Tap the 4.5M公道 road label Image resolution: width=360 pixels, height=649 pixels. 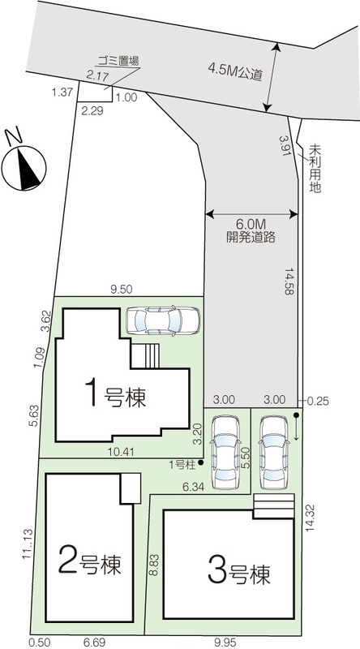(x=235, y=72)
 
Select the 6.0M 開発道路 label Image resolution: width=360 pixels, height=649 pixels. (x=251, y=231)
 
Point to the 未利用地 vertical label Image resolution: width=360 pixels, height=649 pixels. (x=315, y=169)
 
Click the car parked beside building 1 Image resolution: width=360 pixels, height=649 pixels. (x=163, y=320)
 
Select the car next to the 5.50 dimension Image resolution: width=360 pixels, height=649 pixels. (x=225, y=453)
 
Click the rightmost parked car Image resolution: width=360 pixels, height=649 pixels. (x=273, y=453)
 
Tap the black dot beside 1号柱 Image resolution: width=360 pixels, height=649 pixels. (x=201, y=462)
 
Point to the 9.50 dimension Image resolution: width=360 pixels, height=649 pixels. (x=122, y=290)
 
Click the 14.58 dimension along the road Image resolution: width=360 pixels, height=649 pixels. (x=289, y=281)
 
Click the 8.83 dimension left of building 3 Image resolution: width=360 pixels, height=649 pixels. (x=154, y=565)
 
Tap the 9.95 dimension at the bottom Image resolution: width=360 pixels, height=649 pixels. (x=225, y=643)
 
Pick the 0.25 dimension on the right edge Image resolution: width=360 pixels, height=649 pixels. (x=318, y=401)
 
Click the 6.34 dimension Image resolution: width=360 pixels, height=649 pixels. (x=193, y=488)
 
